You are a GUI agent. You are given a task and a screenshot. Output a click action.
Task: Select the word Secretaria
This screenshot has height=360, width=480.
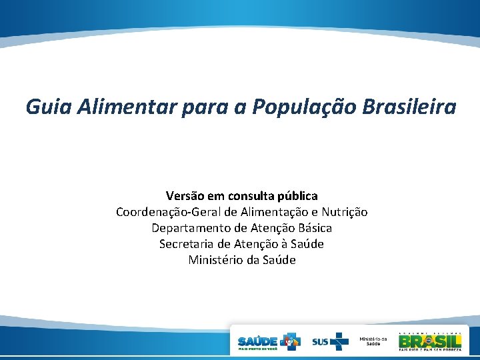coord(185,244)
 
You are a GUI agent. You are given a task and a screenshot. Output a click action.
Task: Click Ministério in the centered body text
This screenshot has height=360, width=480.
coord(215,260)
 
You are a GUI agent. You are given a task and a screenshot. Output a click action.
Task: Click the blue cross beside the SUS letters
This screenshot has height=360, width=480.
coord(340,341)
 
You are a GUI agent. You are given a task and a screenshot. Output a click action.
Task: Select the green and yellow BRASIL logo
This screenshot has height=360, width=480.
coord(429,340)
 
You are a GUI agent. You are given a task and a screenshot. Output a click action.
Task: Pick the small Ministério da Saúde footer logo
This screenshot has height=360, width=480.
coord(373,341)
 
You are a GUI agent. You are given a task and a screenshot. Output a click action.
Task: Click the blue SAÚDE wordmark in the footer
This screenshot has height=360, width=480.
coord(258,340)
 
